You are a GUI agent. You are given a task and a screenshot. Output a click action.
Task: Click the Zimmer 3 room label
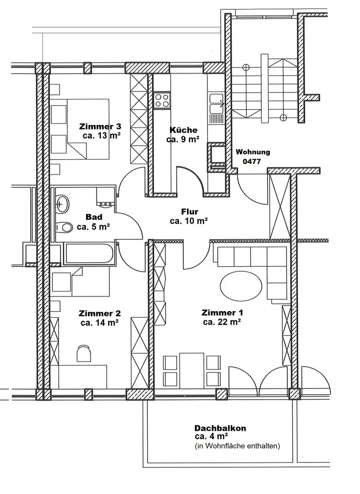click(100, 126)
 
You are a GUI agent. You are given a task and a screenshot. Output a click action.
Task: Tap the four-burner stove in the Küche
click(162, 100)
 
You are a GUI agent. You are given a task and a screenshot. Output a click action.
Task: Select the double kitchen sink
click(217, 104)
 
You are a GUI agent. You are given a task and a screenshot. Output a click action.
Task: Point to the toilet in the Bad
click(64, 227)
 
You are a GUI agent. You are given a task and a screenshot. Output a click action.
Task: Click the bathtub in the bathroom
click(89, 253)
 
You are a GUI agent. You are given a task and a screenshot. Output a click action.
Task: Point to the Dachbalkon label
click(220, 428)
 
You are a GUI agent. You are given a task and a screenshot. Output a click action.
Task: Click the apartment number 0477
click(252, 162)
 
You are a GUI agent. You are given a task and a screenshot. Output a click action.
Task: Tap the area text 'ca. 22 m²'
click(222, 322)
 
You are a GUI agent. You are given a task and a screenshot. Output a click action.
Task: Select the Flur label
click(190, 212)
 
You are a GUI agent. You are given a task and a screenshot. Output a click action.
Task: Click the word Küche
click(184, 130)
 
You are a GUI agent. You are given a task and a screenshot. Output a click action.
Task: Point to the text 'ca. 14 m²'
click(100, 323)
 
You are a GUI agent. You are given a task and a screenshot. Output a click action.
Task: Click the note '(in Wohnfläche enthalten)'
click(237, 446)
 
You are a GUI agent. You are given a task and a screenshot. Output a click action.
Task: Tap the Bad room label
click(94, 217)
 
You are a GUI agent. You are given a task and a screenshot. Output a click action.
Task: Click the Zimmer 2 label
click(100, 314)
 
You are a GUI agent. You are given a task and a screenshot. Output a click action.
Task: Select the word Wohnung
click(253, 152)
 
